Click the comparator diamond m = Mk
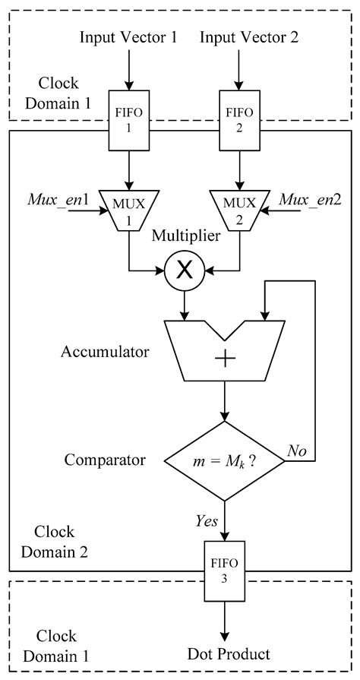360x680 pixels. (x=225, y=460)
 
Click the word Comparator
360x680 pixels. (x=105, y=460)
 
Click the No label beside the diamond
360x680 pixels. (x=296, y=451)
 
